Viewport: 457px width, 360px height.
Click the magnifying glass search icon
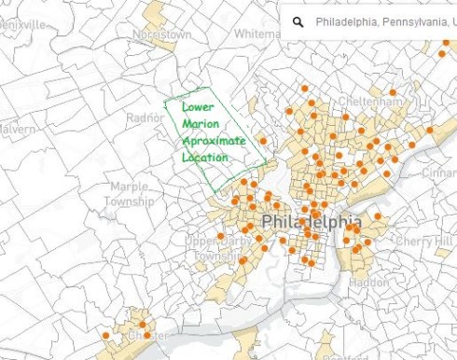298,21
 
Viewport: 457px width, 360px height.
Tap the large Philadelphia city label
312,223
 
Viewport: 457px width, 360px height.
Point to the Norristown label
162,34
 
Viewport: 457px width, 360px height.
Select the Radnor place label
145,118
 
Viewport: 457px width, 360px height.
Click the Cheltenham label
370,100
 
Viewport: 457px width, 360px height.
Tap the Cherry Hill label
423,241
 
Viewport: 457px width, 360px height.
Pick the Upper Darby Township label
215,249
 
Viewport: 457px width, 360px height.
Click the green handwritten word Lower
198,106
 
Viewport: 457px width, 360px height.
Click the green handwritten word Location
205,158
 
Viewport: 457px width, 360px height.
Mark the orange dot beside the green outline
263,141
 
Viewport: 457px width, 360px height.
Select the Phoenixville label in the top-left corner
23,24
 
